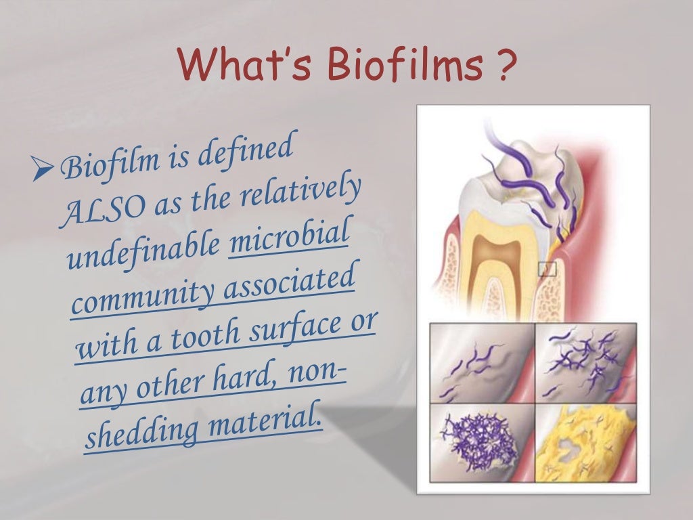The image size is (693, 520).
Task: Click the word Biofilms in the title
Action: coord(401,70)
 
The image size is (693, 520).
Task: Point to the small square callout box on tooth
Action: coord(547,269)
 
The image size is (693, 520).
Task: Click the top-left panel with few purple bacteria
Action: coord(481,363)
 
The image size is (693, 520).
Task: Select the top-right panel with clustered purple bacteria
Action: coord(585,363)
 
